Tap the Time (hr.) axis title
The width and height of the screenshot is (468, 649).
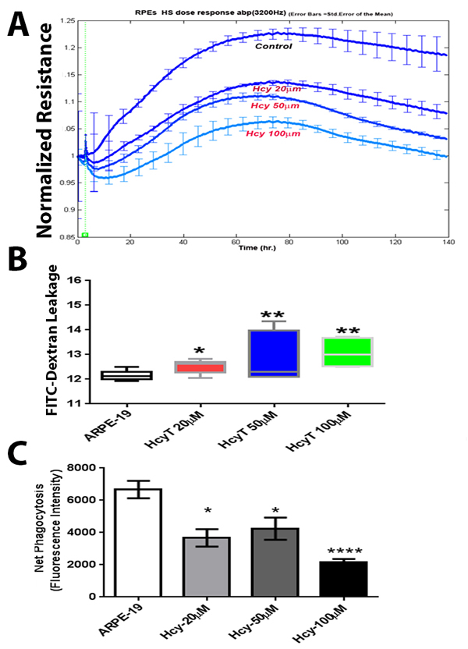point(256,247)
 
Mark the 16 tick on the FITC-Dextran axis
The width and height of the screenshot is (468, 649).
point(77,280)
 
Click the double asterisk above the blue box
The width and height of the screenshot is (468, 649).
point(273,314)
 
